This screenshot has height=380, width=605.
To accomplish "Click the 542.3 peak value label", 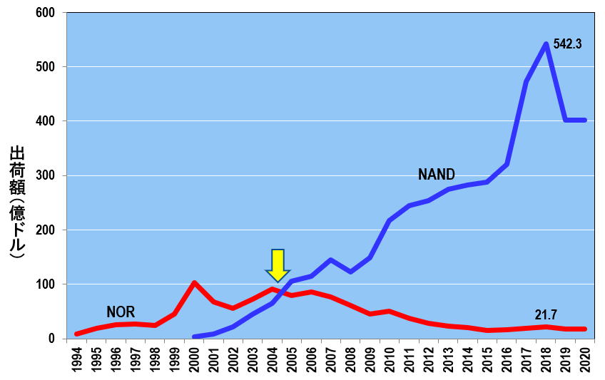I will pos(568,44).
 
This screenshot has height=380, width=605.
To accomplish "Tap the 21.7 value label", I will pos(546,314).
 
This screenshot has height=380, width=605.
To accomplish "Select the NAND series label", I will pos(437,175).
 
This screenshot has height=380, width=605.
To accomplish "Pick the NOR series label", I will pos(121,312).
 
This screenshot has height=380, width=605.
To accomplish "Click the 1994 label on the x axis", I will pos(77,360).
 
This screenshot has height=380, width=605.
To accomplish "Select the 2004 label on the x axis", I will pos(273,360).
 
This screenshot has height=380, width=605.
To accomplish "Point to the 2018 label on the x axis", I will pos(546,360).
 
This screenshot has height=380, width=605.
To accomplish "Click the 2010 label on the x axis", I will pos(390,360).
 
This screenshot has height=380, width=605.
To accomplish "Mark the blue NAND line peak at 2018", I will pos(546,44).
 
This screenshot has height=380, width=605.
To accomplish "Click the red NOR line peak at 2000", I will pos(195,283).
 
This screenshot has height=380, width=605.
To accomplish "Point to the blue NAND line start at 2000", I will pos(195,337).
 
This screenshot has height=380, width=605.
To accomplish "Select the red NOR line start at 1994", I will pos(77,334).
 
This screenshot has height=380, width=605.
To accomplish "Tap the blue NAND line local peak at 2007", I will pos(331,260).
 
